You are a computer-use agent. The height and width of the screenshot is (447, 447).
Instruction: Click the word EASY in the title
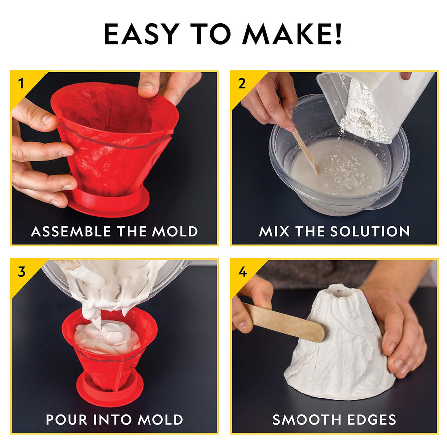click(140, 34)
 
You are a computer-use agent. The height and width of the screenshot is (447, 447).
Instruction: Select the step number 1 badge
click(21, 83)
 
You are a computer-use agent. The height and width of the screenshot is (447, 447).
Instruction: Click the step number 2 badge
click(242, 83)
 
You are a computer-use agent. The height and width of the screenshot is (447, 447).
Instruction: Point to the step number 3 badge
click(21, 271)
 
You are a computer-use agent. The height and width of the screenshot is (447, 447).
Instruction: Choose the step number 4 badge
click(242, 271)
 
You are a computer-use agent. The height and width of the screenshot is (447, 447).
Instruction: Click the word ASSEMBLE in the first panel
click(70, 231)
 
